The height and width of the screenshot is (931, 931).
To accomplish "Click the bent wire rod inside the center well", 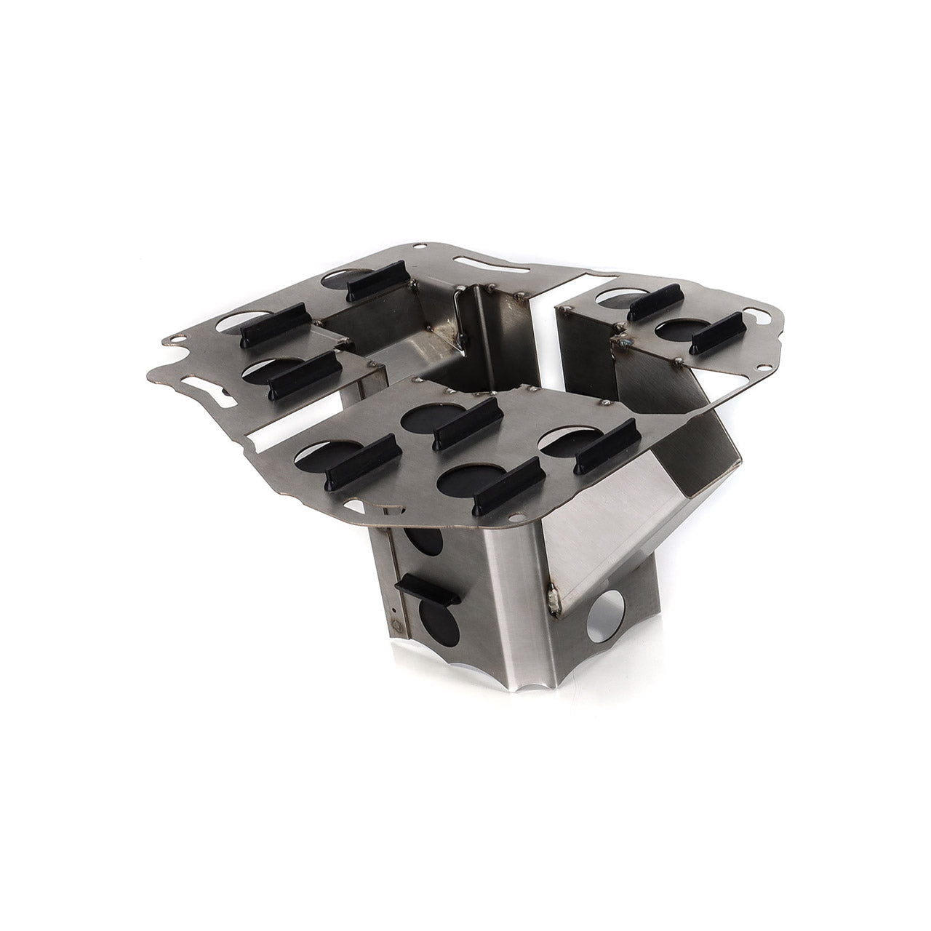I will click(458, 320).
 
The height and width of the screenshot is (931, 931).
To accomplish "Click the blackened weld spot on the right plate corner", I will click(622, 339).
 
